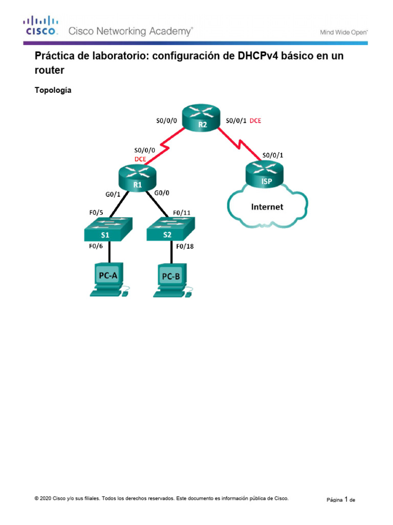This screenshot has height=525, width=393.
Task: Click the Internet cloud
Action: coord(267,207)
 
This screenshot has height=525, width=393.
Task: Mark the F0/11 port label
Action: coord(182,212)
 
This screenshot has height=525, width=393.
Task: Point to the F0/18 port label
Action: coord(185,247)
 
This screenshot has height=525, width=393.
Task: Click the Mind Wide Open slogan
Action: coord(343,32)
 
